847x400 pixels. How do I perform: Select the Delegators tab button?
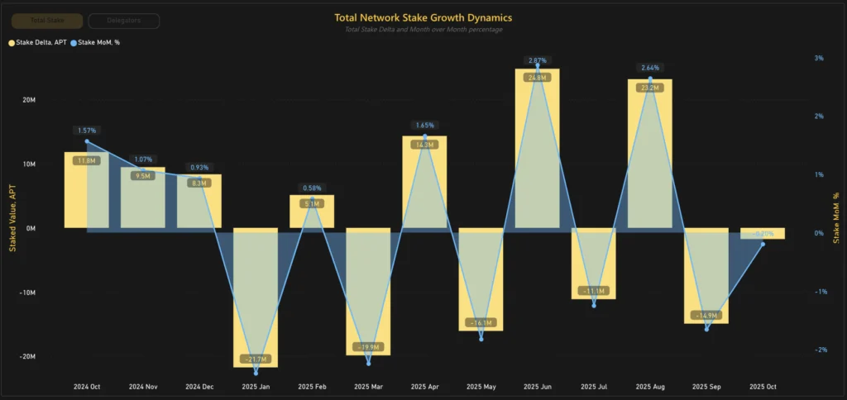click(x=123, y=21)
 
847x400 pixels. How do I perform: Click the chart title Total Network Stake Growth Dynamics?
click(x=423, y=17)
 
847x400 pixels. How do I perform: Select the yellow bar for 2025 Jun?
click(x=537, y=149)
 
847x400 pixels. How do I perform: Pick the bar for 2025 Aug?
click(x=650, y=154)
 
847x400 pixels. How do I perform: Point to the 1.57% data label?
click(x=87, y=131)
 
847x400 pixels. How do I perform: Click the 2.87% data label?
click(x=537, y=61)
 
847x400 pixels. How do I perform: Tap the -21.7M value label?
click(x=256, y=359)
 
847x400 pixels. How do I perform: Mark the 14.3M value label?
click(x=424, y=145)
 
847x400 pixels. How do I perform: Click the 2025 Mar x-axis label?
click(x=368, y=386)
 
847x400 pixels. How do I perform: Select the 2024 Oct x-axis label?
click(x=87, y=386)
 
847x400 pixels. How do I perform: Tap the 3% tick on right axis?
click(x=818, y=59)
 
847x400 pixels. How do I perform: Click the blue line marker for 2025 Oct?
click(x=763, y=244)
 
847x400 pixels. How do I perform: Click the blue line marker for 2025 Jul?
click(x=594, y=305)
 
